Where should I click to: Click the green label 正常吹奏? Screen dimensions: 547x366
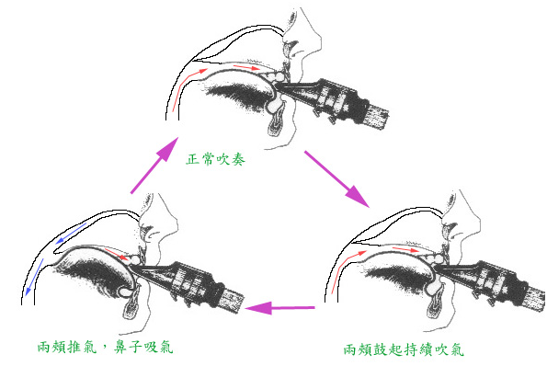[216, 159]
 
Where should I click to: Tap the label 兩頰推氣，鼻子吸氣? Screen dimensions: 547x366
[105, 348]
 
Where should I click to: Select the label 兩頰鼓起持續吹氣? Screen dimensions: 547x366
[404, 349]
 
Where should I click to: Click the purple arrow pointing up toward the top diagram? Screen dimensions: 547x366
[154, 165]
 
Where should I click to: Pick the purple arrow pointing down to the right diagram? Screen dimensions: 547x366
[337, 179]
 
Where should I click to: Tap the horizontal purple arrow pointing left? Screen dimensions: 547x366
[280, 308]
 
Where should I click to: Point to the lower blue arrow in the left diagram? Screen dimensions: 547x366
[34, 276]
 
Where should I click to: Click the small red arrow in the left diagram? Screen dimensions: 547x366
[117, 254]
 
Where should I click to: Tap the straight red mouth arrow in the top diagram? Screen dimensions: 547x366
[246, 67]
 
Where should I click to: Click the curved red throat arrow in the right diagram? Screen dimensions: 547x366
[343, 269]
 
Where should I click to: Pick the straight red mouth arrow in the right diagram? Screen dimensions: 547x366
[405, 249]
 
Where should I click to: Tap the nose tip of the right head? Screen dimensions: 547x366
[479, 223]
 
